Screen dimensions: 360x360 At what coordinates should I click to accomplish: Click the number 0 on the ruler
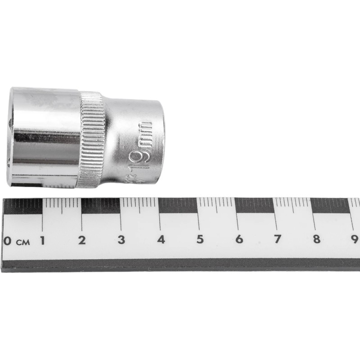coord(7,240)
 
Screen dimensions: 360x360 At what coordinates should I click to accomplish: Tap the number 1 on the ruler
coord(42,240)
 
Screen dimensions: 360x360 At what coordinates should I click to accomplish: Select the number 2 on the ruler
coord(81,240)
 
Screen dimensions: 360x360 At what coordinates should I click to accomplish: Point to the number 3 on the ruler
coord(121,240)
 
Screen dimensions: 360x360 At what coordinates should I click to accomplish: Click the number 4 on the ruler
coord(161,240)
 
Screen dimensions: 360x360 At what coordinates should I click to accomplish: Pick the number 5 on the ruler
coord(200,240)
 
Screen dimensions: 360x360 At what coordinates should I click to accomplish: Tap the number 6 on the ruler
coord(239,240)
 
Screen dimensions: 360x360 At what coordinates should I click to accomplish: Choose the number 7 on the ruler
coord(278,240)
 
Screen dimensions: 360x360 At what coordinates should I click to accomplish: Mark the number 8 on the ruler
coord(317,240)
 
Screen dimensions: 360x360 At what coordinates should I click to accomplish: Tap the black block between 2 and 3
coord(101,206)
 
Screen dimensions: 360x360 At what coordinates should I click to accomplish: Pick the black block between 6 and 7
coord(255,206)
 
